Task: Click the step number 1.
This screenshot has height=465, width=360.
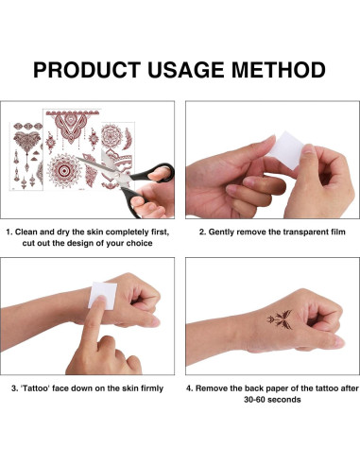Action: click(9, 230)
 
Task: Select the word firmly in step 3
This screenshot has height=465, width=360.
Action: click(150, 387)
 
